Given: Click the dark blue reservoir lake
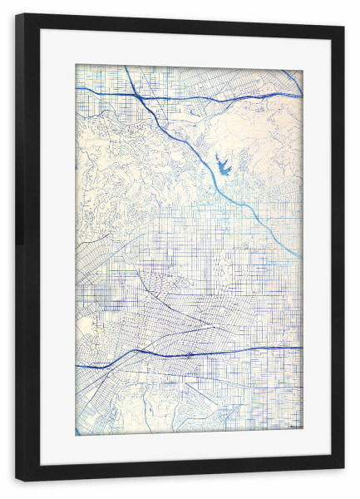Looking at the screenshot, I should pyautogui.click(x=222, y=167).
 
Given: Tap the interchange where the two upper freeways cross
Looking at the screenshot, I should pyautogui.click(x=139, y=97).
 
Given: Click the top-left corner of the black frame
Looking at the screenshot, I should pyautogui.click(x=17, y=14).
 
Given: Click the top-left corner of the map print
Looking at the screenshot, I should pyautogui.click(x=76, y=65).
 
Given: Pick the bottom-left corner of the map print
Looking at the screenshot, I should pyautogui.click(x=76, y=435).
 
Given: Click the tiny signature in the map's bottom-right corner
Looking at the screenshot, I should pyautogui.click(x=293, y=429).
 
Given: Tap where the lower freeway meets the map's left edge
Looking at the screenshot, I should pyautogui.click(x=76, y=366).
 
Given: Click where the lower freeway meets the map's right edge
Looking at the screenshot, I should pyautogui.click(x=302, y=348).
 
